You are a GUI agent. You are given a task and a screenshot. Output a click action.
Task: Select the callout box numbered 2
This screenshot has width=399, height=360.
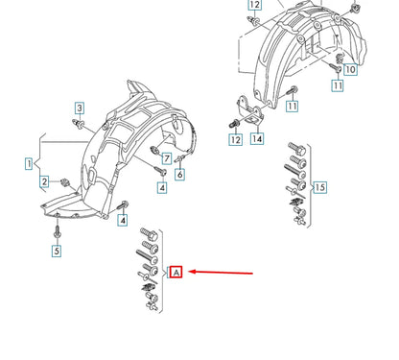coord(44,181)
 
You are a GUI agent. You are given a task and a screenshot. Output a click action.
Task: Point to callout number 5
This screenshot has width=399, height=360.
coord(56,252)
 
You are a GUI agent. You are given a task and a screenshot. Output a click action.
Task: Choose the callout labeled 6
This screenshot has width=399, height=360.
coord(178,174)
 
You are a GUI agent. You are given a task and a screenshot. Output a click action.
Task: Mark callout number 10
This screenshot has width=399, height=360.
coord(349,69)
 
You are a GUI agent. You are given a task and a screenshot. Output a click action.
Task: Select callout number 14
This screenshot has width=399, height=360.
coord(257,139)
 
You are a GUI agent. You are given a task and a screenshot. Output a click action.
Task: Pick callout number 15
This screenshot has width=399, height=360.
coord(320,186)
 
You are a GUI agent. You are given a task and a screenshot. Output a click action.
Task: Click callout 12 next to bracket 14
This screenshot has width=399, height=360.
coord(235,139)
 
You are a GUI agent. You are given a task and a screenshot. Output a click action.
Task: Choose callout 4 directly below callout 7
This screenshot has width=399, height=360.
coord(162,187)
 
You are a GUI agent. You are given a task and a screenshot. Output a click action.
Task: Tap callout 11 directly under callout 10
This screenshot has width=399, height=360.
coord(337,86)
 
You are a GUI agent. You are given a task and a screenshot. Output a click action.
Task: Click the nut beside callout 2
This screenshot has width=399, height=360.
coord(62,181)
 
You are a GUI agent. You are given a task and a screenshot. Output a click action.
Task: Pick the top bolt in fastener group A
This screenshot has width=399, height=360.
coord(150,232)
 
